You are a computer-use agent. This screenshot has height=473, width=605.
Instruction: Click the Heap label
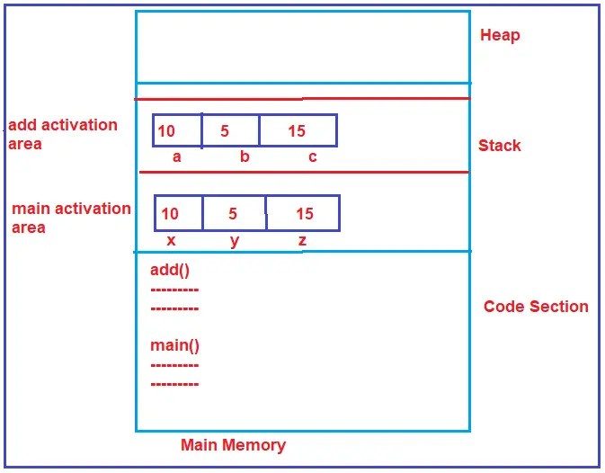point(500,36)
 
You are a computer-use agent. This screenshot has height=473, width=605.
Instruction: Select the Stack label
point(499,146)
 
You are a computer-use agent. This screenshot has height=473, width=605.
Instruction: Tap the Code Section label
point(536,307)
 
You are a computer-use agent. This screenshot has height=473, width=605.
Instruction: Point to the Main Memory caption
point(233,445)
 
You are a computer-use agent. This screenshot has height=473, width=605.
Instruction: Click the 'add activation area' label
point(62,134)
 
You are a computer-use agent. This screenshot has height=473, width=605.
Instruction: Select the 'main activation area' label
point(71,218)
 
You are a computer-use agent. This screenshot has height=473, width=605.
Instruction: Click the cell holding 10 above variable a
point(177,130)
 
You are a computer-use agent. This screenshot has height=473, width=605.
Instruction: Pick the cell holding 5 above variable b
point(230,130)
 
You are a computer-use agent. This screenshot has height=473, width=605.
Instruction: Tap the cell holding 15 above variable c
point(298,130)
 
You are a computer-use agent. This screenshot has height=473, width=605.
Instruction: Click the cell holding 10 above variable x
point(179,213)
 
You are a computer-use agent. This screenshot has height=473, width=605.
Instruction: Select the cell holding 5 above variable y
point(234,213)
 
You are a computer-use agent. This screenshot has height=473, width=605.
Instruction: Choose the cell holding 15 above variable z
point(303,213)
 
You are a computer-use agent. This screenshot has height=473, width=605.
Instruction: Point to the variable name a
point(176,156)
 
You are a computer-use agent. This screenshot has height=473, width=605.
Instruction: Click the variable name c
point(312,156)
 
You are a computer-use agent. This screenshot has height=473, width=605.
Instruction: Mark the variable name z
point(302,240)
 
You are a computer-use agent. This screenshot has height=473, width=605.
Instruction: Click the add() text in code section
point(170,269)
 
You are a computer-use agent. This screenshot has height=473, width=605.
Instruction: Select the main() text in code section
point(174,345)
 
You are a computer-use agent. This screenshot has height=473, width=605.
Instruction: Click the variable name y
point(235,241)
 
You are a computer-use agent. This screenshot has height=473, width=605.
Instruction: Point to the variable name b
point(244,157)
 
